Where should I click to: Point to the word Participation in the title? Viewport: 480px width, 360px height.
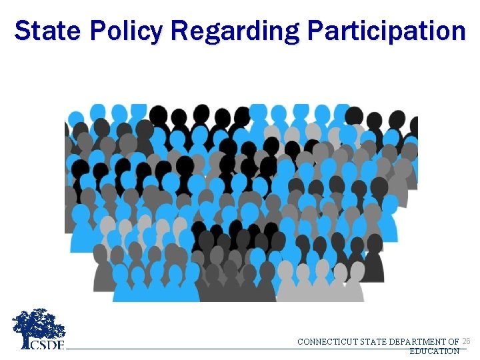tap(386, 31)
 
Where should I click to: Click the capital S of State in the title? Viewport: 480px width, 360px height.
tap(23, 31)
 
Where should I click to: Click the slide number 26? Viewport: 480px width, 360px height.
tap(466, 341)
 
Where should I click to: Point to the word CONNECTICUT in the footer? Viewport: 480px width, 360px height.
tap(327, 342)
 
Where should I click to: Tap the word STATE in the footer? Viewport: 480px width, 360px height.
tap(375, 342)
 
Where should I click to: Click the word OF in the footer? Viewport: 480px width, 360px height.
tap(453, 342)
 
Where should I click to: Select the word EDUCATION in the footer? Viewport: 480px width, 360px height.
tap(434, 351)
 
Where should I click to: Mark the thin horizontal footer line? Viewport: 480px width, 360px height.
tap(200, 348)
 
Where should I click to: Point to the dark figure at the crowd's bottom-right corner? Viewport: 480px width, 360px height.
tap(374, 267)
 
